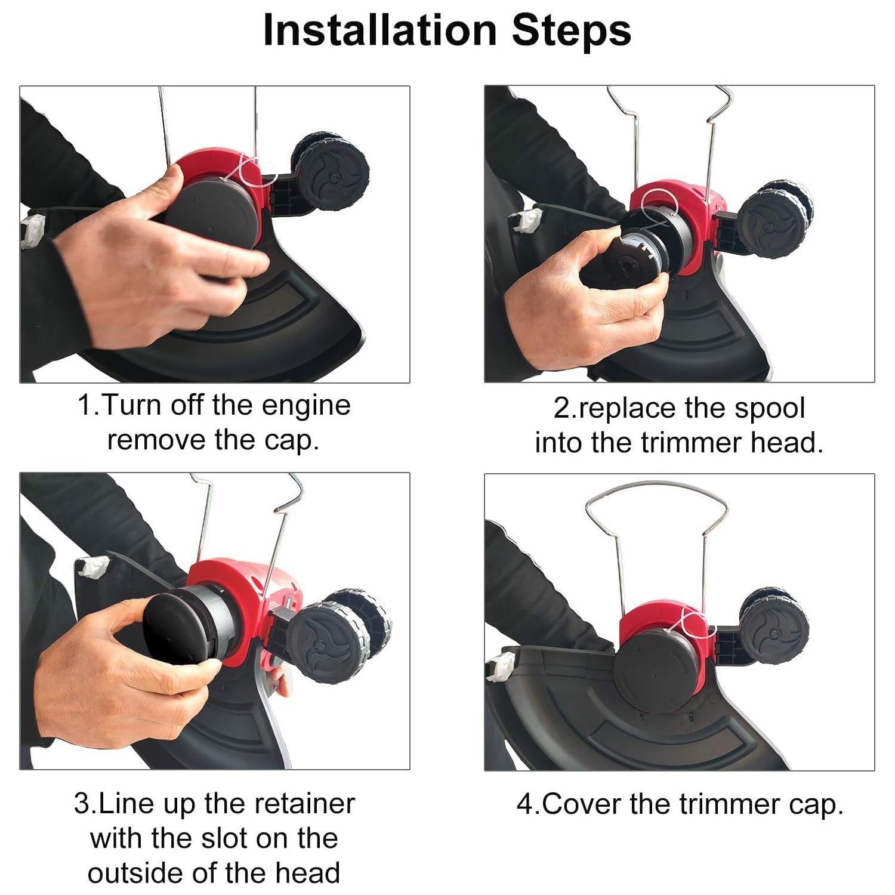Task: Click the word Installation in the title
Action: (380, 30)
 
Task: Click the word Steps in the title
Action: (572, 30)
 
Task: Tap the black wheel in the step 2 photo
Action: (776, 221)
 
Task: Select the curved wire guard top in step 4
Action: (656, 484)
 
